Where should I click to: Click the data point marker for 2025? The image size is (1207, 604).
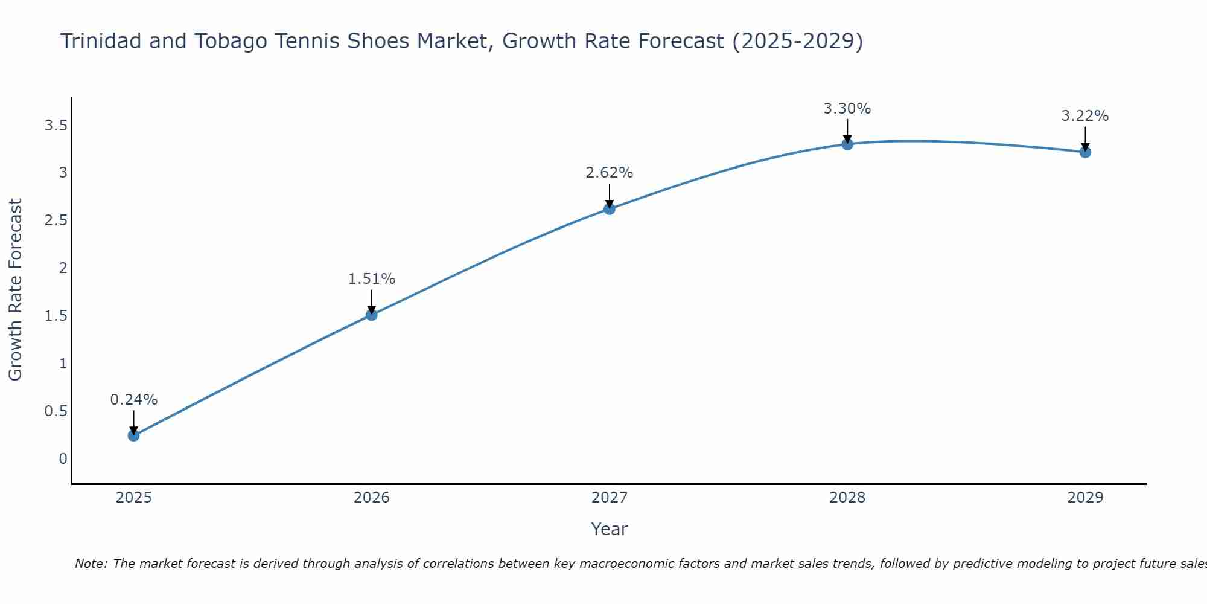click(133, 435)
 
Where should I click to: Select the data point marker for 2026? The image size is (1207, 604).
click(371, 315)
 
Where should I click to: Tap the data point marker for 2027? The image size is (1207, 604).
click(609, 209)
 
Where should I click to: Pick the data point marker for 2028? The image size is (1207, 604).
click(847, 144)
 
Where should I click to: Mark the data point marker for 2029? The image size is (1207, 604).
click(1085, 152)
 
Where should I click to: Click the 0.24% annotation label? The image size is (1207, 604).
click(133, 400)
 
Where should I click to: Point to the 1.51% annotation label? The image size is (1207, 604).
click(371, 279)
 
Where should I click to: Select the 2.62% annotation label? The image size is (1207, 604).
click(609, 173)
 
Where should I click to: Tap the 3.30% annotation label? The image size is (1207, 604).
click(847, 109)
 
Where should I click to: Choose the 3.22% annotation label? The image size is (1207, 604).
click(1085, 116)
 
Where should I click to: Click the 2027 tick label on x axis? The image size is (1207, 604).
click(609, 498)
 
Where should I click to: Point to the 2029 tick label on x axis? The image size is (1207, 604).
click(1085, 498)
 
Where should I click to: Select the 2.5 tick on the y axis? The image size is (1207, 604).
click(56, 220)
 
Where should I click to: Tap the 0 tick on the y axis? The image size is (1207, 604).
click(63, 459)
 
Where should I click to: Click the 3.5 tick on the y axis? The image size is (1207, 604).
click(56, 126)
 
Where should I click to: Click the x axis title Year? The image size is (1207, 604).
click(609, 529)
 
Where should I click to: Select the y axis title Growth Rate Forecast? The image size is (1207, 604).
click(16, 289)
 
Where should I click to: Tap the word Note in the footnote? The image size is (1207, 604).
click(91, 564)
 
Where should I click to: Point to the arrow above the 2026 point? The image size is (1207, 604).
click(371, 301)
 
